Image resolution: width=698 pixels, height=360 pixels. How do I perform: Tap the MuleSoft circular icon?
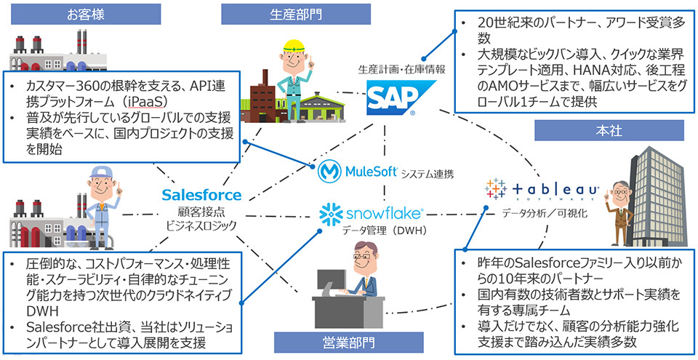click(x=331, y=173)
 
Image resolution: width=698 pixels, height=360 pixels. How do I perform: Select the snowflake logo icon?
click(x=331, y=214)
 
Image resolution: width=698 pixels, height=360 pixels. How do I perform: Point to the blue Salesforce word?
click(x=201, y=195)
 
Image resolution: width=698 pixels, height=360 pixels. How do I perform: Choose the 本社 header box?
click(x=609, y=132)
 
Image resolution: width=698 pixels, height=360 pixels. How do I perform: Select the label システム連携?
click(x=428, y=175)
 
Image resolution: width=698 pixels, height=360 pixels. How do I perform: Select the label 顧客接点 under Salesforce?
click(x=202, y=211)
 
